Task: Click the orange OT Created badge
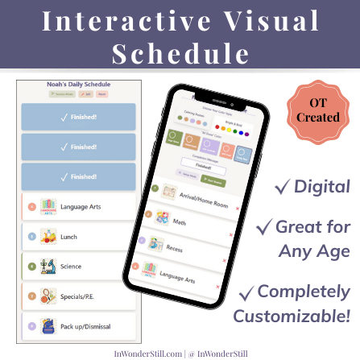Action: [x=315, y=108]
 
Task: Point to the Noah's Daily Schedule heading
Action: [x=78, y=84]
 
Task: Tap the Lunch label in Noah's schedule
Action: [x=68, y=237]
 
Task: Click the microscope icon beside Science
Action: [x=48, y=266]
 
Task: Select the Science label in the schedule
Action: [x=71, y=266]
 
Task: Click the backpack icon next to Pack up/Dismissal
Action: [x=48, y=325]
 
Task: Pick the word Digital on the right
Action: [x=321, y=187]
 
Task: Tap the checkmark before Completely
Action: [x=248, y=292]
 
